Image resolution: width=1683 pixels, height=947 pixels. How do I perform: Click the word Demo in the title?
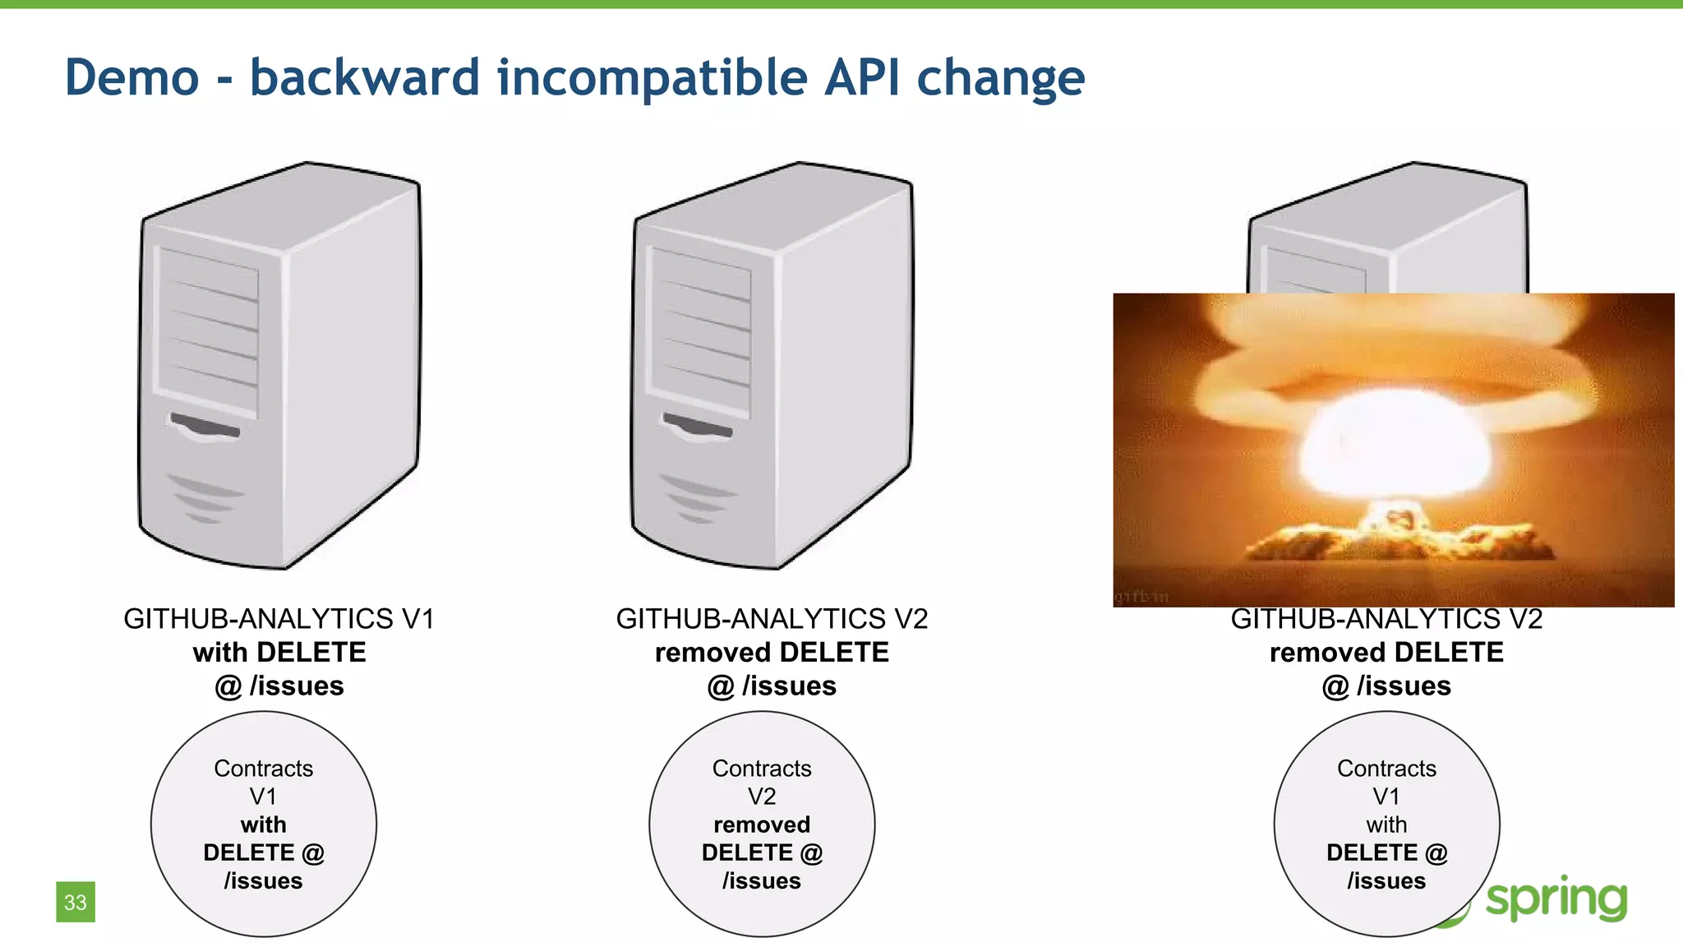(131, 78)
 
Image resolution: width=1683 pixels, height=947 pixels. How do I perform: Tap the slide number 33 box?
(76, 902)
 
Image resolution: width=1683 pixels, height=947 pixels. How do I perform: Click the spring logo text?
(1556, 898)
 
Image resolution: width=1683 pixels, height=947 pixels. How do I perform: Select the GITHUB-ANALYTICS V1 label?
(279, 618)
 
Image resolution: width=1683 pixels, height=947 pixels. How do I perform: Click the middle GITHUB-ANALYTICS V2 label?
(772, 618)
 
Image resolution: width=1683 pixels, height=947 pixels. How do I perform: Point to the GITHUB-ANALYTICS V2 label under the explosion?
(1386, 619)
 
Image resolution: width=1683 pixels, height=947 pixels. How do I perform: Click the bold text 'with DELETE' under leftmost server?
(279, 652)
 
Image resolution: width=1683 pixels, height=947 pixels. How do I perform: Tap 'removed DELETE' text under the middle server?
(772, 652)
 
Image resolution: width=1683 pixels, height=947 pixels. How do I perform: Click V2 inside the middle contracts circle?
(762, 796)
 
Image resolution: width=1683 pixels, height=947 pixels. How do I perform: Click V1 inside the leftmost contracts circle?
(263, 796)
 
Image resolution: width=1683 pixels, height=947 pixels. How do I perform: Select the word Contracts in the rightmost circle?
(1386, 768)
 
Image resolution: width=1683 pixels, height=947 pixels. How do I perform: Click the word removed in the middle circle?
(762, 824)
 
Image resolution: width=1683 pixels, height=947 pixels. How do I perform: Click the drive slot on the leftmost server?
(205, 427)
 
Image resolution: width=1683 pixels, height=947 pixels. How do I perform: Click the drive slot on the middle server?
(697, 427)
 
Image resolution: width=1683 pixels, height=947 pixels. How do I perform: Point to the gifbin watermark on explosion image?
(1141, 597)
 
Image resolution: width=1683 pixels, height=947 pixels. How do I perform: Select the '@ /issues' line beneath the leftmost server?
(279, 686)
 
